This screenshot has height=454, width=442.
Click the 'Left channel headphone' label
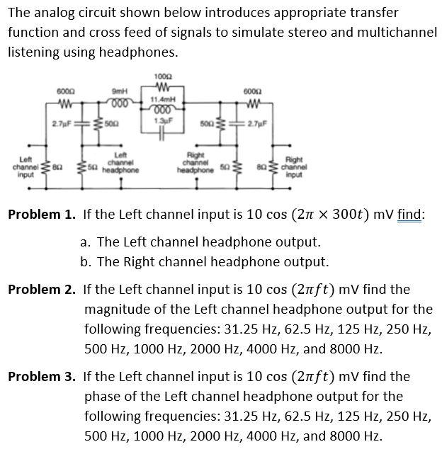point(120,165)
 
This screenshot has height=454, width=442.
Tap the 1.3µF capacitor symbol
point(164,135)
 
